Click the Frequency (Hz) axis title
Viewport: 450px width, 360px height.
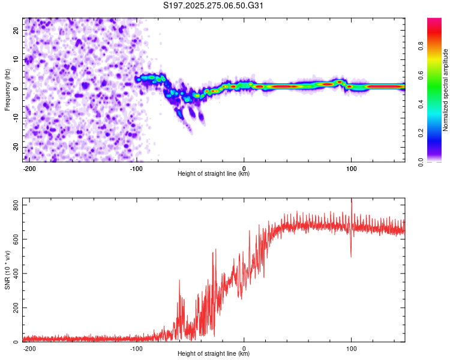(x=7, y=90)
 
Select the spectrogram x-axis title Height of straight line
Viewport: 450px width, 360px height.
(x=214, y=174)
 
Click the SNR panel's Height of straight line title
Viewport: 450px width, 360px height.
(x=214, y=354)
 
